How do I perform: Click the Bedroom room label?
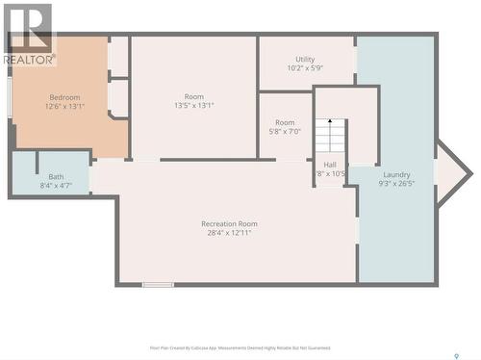[64, 97]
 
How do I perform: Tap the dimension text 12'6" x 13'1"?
[64, 107]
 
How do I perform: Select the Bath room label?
[56, 176]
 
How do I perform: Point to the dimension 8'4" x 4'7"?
[56, 186]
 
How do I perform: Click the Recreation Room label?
[229, 223]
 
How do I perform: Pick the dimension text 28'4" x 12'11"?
[229, 233]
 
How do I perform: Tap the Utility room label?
[305, 59]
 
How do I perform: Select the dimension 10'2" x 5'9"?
[305, 68]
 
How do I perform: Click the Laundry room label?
[395, 173]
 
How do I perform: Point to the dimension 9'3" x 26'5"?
[395, 183]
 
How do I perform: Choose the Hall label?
[330, 165]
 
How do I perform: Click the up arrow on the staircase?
[330, 122]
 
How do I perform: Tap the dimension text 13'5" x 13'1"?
[194, 107]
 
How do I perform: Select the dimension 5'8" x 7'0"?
[285, 132]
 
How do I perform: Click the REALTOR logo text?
[28, 59]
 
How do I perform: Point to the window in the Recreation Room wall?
[158, 284]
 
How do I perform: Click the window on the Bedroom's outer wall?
[11, 96]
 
